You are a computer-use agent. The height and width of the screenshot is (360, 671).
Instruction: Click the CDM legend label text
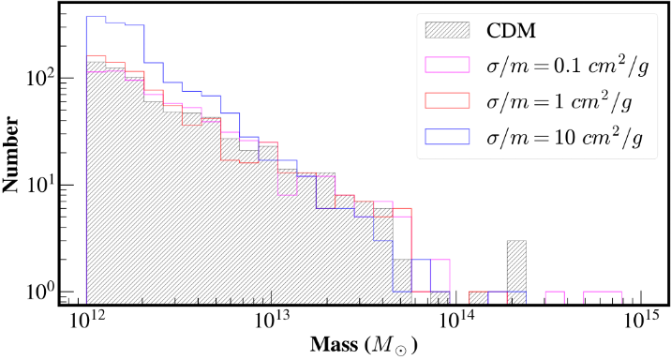[x=511, y=30]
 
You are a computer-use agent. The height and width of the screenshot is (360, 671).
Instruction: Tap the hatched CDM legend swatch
[x=447, y=30]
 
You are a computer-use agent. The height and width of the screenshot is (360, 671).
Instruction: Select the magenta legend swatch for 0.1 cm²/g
[x=447, y=65]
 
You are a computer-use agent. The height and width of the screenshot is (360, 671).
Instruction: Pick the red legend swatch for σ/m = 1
[x=447, y=100]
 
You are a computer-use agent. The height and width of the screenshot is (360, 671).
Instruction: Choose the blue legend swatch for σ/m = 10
[x=447, y=136]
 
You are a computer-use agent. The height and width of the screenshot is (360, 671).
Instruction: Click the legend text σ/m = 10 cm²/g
[x=564, y=137]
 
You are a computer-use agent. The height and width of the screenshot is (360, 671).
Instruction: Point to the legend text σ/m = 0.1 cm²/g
[x=568, y=66]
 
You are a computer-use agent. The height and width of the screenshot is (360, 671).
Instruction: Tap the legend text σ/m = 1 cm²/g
[x=559, y=101]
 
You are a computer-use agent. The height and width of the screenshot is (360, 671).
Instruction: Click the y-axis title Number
[x=10, y=154]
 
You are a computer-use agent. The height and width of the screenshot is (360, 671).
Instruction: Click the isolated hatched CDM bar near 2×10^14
[x=516, y=273]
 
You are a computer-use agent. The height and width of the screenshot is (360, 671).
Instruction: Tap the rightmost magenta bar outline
[x=603, y=292]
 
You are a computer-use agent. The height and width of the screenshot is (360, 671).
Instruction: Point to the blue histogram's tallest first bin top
[x=96, y=16]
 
